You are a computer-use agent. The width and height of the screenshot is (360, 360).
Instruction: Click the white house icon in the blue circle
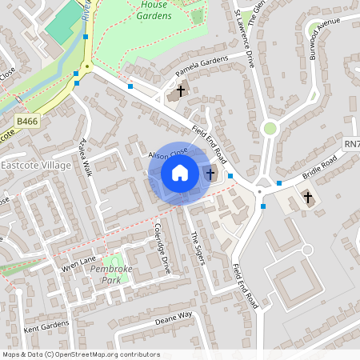[180, 173]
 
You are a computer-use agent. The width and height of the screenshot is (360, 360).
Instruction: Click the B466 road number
[27, 122]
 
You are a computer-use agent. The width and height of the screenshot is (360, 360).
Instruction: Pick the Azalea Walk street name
[85, 157]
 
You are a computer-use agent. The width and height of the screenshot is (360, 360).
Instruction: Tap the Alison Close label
[167, 151]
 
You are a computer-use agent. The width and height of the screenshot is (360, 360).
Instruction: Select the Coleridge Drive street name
[162, 254]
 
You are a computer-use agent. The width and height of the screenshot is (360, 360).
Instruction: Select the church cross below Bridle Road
[308, 197]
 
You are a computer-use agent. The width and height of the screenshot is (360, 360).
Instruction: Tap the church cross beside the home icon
[210, 173]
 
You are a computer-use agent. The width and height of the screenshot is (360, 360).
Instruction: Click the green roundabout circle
[270, 128]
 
